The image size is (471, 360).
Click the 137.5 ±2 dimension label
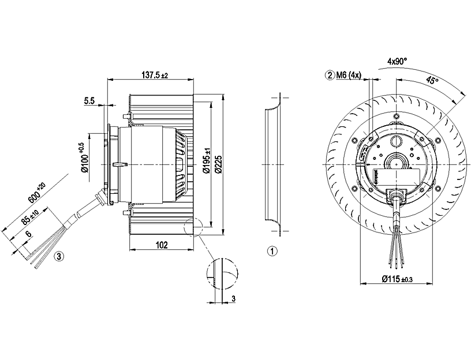pyautogui.click(x=154, y=75)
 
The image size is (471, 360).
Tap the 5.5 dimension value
pyautogui.click(x=89, y=101)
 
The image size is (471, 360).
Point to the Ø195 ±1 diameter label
pyautogui.click(x=207, y=157)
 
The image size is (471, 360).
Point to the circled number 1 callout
pyautogui.click(x=273, y=252)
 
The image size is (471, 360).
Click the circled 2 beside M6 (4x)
pyautogui.click(x=330, y=75)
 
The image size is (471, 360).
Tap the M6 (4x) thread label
pyautogui.click(x=349, y=75)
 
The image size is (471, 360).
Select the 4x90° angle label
pyautogui.click(x=397, y=61)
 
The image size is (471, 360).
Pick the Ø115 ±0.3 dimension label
pyautogui.click(x=397, y=279)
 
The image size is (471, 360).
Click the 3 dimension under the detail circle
pyautogui.click(x=233, y=298)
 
